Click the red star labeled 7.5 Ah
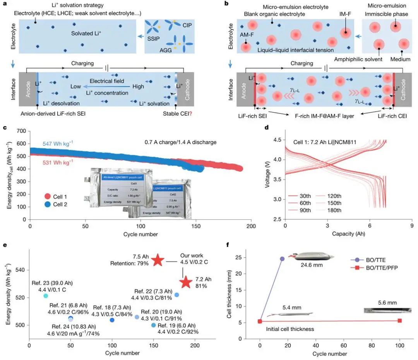tap(158, 260)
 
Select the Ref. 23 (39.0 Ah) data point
tap(46, 296)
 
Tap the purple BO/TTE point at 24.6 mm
tap(282, 259)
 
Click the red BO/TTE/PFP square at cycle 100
tap(400, 321)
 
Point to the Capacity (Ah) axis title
tap(348, 234)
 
